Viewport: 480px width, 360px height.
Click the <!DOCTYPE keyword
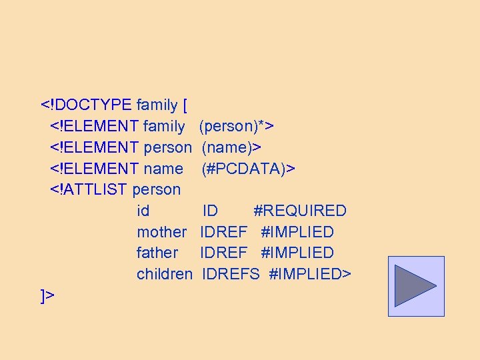point(86,105)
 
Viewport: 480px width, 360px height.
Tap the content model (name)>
point(231,147)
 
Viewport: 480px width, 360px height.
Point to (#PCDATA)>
point(248,169)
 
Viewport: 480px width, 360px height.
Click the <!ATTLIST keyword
point(89,190)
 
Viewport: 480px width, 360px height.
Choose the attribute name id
point(143,211)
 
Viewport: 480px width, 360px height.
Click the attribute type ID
point(210,211)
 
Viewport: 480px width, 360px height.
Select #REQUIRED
point(300,211)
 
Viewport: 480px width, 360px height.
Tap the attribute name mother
point(161,233)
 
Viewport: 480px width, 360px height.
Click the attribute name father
point(157,253)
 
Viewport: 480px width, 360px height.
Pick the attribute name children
point(165,275)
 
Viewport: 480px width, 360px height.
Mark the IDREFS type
point(231,275)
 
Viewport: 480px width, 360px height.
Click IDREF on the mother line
point(223,233)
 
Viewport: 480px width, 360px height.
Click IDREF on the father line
point(223,253)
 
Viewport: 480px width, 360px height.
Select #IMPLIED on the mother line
point(297,233)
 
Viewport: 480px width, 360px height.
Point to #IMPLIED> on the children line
point(309,275)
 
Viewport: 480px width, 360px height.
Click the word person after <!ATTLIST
point(157,190)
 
